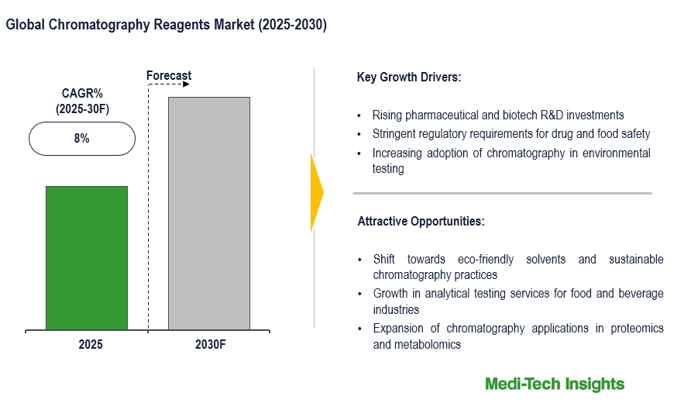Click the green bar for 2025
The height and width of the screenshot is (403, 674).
click(87, 258)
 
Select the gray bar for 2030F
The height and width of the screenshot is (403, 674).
click(209, 213)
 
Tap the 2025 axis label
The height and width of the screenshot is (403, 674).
click(90, 343)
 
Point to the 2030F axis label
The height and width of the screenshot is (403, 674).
click(210, 343)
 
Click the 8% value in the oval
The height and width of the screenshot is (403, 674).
click(82, 139)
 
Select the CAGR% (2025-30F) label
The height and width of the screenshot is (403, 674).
click(82, 102)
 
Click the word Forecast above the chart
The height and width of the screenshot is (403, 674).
click(169, 75)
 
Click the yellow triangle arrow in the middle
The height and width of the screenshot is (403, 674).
click(316, 192)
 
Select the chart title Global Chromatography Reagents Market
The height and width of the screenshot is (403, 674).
click(166, 25)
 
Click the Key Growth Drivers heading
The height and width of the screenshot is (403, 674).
click(408, 77)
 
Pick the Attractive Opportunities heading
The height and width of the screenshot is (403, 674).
click(421, 222)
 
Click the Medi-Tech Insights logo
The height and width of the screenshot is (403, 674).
click(554, 384)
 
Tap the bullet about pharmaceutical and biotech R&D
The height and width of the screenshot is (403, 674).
click(498, 115)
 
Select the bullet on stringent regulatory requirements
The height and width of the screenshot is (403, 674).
click(511, 134)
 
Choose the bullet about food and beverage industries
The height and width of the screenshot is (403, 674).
click(518, 301)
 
